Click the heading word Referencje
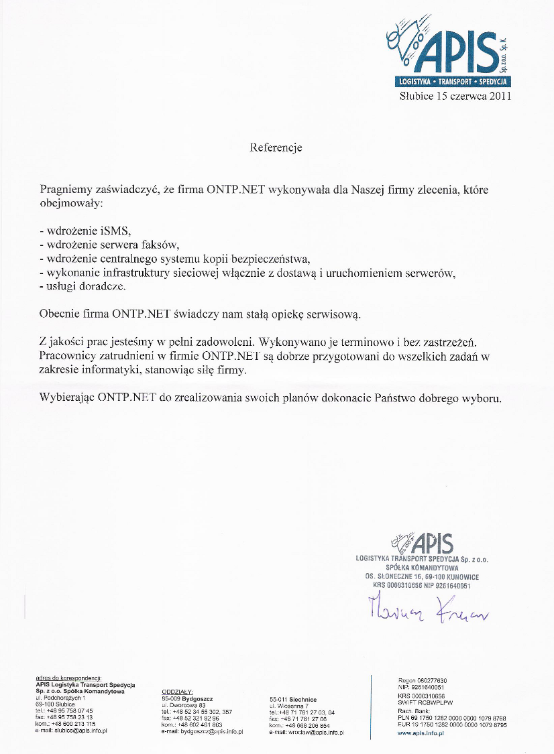click(x=276, y=147)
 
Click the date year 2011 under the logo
click(x=500, y=96)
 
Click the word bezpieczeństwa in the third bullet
click(x=273, y=258)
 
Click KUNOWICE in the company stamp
click(x=459, y=576)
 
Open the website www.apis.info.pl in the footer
click(x=421, y=733)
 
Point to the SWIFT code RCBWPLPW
click(x=436, y=702)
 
